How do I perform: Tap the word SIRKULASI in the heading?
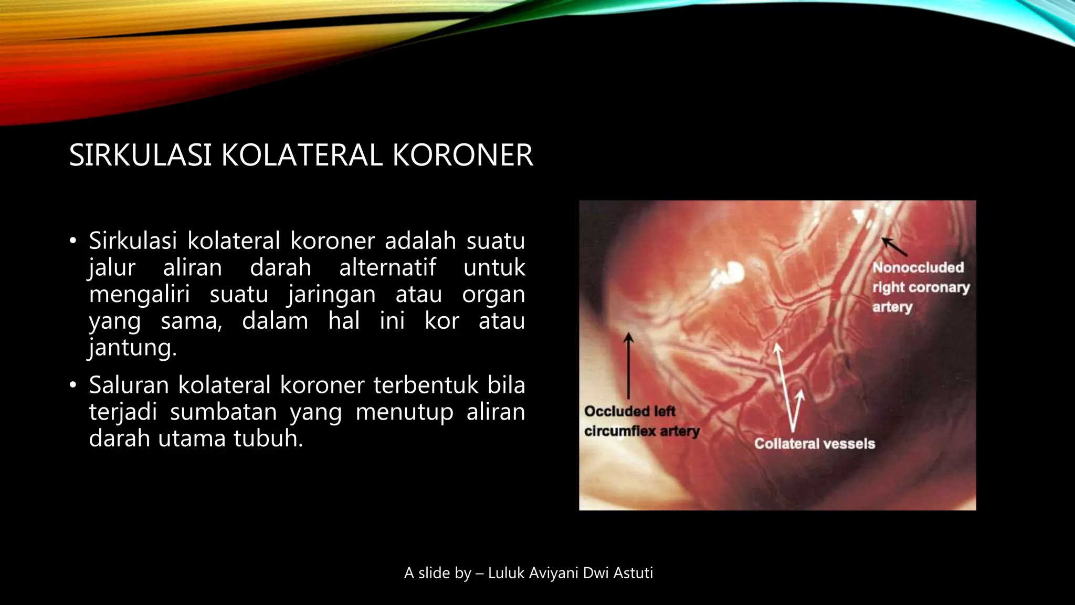tap(140, 155)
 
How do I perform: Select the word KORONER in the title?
tap(462, 155)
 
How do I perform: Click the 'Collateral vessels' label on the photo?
tap(815, 444)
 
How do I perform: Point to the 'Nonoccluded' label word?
tap(918, 267)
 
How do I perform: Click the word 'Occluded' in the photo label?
tap(609, 411)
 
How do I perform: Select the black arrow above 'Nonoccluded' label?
tap(894, 246)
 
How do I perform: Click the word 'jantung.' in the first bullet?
tap(133, 348)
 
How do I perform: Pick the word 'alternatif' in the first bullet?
tap(387, 268)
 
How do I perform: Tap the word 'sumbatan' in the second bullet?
tap(223, 412)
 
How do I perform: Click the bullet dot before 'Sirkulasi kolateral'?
tap(73, 242)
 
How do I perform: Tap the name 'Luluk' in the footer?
tap(507, 573)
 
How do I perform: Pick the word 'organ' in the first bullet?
tap(493, 294)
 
